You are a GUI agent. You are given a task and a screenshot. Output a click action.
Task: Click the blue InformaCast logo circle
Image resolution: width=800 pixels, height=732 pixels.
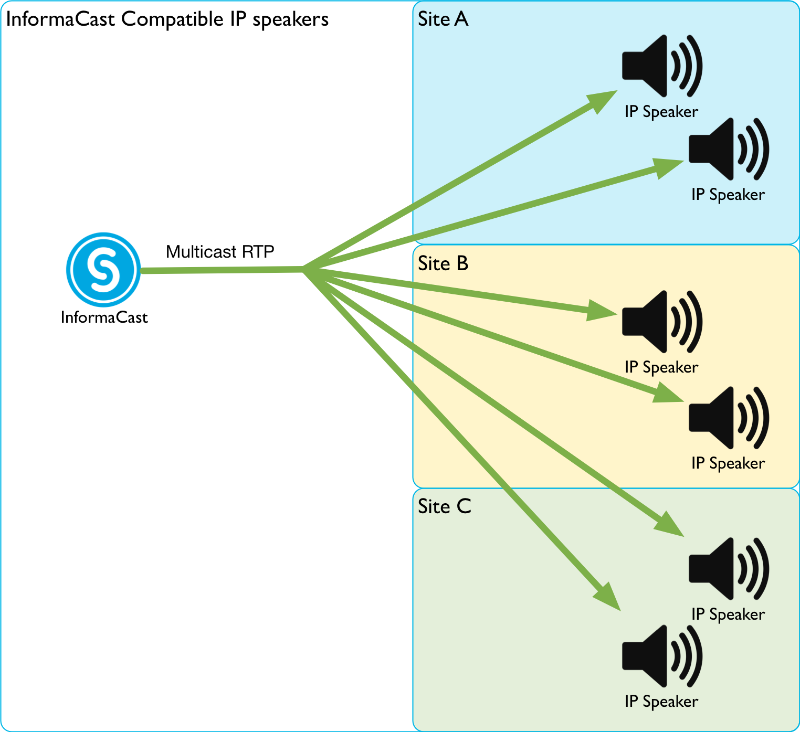103,270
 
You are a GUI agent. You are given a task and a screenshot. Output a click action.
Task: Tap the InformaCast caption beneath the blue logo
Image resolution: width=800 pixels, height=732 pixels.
104,317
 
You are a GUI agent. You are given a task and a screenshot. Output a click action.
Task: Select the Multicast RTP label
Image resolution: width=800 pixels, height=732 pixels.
220,252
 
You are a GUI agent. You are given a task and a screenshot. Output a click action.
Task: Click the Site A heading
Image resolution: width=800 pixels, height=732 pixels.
443,19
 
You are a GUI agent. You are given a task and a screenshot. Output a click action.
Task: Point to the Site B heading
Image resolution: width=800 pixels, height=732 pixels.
443,263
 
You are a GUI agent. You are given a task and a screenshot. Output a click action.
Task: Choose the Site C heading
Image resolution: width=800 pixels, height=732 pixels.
444,506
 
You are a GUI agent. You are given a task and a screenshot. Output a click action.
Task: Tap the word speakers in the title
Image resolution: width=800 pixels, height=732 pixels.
290,19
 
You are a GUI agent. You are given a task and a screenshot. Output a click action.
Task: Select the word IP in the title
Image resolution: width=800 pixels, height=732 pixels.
238,19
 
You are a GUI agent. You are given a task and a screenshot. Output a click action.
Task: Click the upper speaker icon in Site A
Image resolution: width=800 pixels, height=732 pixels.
661,66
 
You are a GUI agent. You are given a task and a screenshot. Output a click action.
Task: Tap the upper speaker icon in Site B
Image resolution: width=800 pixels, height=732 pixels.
661,321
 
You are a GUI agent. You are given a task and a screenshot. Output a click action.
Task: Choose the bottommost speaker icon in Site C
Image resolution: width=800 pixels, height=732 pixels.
661,656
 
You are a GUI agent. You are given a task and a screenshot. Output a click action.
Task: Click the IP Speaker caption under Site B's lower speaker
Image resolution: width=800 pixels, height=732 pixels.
728,463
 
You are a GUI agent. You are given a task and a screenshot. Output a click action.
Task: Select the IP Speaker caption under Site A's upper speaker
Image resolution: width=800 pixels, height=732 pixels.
661,112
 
